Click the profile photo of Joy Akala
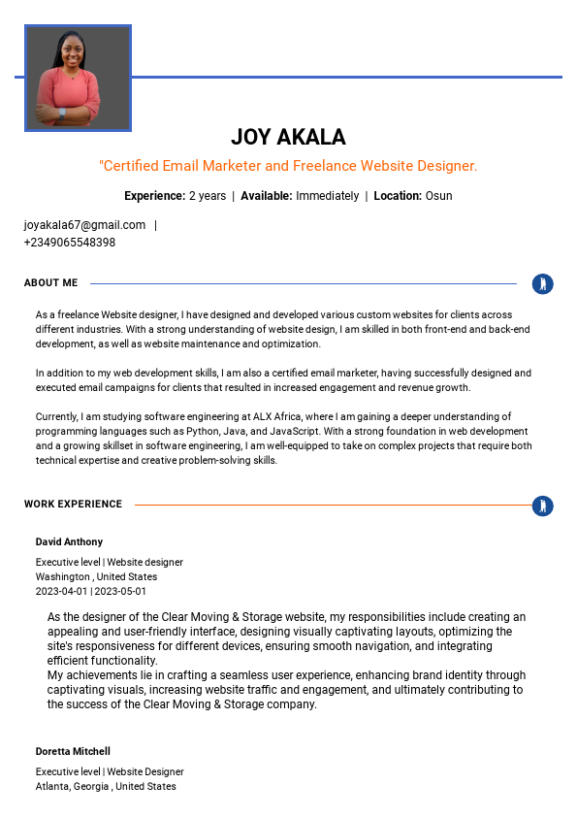[x=78, y=78]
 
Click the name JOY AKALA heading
[x=288, y=137]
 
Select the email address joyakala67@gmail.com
[x=84, y=225]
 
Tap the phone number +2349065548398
[x=70, y=243]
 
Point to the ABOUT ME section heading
[x=50, y=283]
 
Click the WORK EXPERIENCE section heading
[x=73, y=505]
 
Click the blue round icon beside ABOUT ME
[x=543, y=284]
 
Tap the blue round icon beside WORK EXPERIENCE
[x=543, y=506]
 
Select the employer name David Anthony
[x=69, y=541]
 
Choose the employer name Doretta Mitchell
[x=73, y=751]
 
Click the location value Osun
[x=438, y=196]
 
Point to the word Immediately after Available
[x=327, y=196]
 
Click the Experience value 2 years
[x=208, y=196]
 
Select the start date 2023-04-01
[x=62, y=591]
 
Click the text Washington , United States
[x=96, y=576]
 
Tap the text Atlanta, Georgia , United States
[x=106, y=786]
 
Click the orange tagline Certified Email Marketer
[x=288, y=166]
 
